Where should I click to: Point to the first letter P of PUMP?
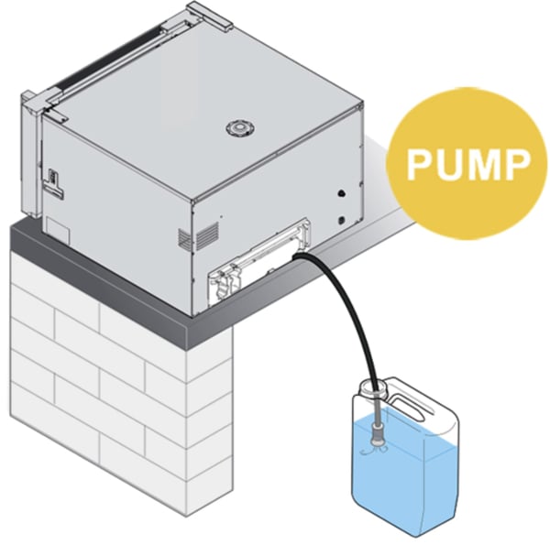(417, 166)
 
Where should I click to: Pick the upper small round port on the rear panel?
(341, 195)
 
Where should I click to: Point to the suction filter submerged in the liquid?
(374, 448)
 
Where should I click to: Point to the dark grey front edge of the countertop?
(110, 275)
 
